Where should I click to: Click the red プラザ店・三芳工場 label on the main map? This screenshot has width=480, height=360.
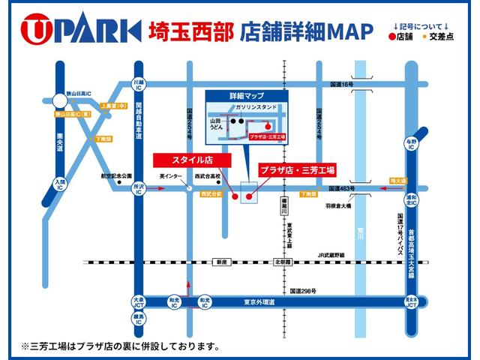click(297, 169)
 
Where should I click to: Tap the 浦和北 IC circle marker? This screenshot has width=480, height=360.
click(412, 201)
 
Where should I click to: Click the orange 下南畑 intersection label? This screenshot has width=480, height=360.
click(308, 193)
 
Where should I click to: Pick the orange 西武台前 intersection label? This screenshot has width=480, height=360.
click(211, 193)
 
